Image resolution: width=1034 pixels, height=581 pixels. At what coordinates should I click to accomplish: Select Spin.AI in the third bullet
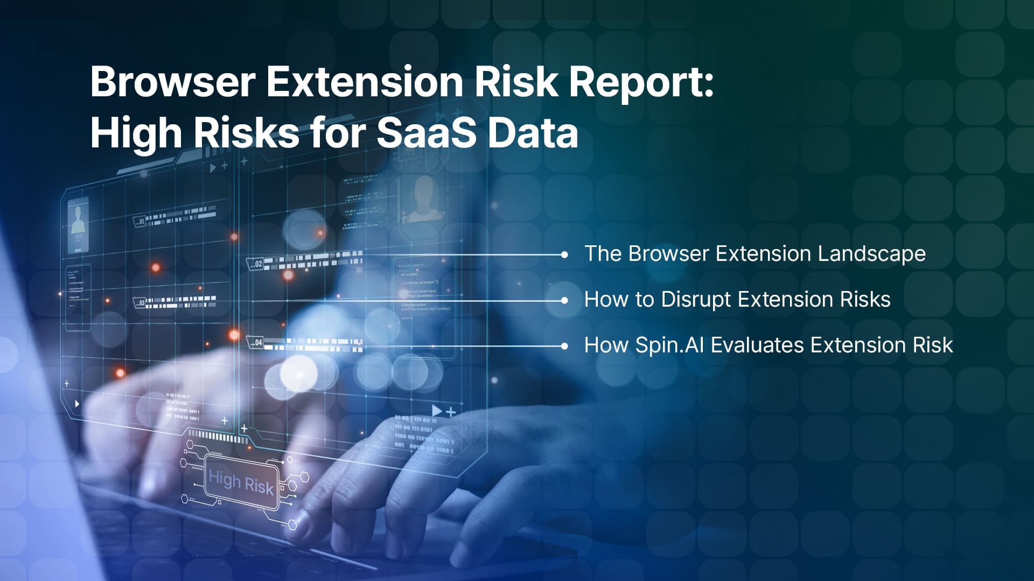[x=669, y=345]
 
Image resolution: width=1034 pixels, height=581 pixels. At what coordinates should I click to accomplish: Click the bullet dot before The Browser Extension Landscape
[x=564, y=254]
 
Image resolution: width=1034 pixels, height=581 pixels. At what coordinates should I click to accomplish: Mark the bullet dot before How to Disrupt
[x=564, y=300]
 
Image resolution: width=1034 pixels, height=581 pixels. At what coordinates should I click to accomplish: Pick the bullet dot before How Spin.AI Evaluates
[x=564, y=346]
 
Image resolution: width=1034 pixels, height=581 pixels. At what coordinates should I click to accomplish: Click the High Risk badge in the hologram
[x=241, y=481]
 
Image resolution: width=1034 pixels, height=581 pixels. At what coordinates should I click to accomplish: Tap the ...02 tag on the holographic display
[x=255, y=264]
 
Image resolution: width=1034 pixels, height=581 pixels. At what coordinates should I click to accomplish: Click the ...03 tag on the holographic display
[x=139, y=303]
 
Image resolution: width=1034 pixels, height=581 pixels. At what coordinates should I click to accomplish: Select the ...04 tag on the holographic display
[x=255, y=342]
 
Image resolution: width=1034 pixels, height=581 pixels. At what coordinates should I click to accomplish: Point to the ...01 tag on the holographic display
[x=139, y=221]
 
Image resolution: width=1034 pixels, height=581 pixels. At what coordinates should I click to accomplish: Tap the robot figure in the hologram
[x=423, y=199]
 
